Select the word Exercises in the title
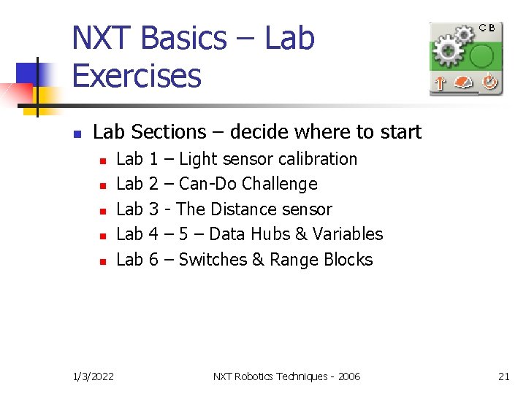(137, 76)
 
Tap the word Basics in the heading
(187, 38)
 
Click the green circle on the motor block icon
(482, 55)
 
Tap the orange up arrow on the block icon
(440, 83)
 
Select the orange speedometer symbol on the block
(464, 83)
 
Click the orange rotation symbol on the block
(489, 83)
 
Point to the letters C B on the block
(487, 28)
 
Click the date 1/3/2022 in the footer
(94, 376)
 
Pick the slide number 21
(503, 376)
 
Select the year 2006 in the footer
(348, 376)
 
